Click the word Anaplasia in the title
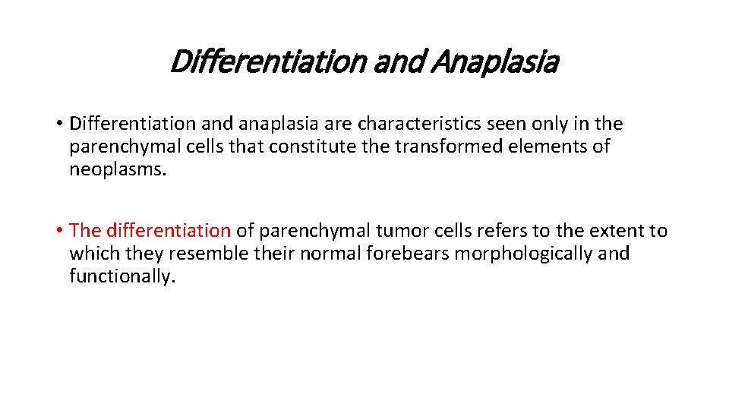494,62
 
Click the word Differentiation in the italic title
266,62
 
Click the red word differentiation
169,230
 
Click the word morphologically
524,254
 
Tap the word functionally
121,276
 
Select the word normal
327,253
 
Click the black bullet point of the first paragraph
58,124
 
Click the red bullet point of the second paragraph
58,230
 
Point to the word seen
519,124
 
